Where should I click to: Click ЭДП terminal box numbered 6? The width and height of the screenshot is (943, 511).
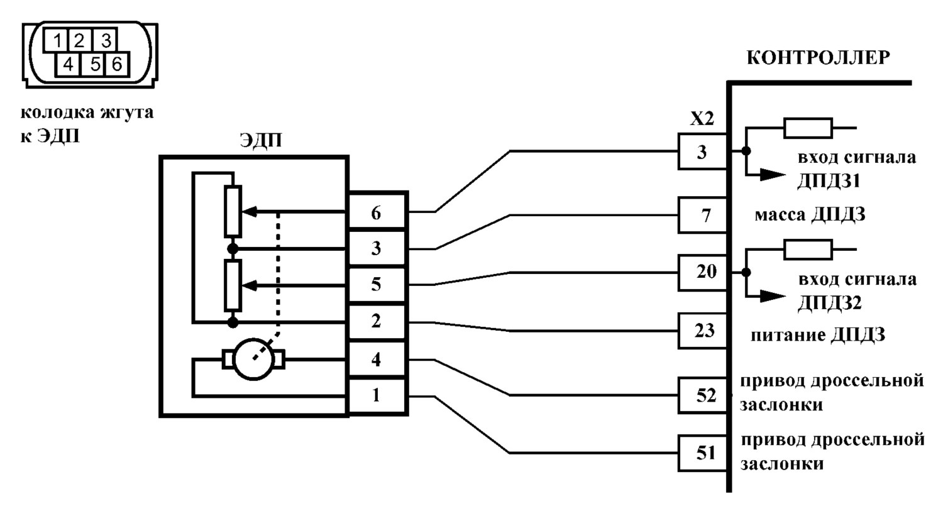pos(377,211)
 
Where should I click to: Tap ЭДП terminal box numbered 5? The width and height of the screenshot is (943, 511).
pos(377,285)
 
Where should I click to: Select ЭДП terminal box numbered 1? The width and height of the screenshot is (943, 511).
pos(377,396)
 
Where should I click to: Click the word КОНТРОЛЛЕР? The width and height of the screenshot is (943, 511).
pos(819,58)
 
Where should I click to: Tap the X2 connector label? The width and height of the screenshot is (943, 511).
pos(702,119)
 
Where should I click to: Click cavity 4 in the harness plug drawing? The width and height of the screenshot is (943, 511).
pos(68,64)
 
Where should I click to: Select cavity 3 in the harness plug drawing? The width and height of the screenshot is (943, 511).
pos(105,40)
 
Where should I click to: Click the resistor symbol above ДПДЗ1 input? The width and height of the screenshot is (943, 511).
pos(808,128)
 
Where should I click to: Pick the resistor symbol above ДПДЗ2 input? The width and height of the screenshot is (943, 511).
pos(808,249)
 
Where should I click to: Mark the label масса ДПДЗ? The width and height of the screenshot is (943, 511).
pos(810,215)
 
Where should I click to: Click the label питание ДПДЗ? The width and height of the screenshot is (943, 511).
pos(818,335)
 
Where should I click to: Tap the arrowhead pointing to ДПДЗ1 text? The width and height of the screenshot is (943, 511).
pos(773,174)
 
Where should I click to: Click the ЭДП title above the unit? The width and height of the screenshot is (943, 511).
pos(261,140)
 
